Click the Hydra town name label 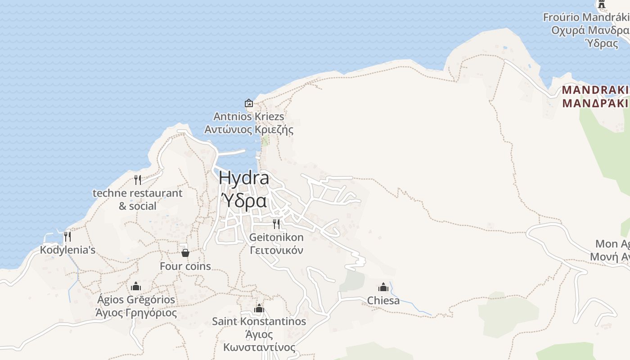click(244, 178)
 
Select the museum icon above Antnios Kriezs click(249, 103)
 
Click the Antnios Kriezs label click(249, 117)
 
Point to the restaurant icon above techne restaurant click(138, 180)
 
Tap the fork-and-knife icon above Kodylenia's click(67, 236)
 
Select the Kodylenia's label click(67, 250)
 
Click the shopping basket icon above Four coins click(185, 253)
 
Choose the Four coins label click(185, 266)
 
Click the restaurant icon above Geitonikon click(276, 224)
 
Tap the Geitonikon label click(276, 237)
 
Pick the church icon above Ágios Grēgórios click(136, 286)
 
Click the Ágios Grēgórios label click(136, 300)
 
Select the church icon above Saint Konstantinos click(259, 308)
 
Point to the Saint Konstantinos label click(259, 321)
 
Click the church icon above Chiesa click(383, 287)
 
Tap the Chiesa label click(383, 300)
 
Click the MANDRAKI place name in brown click(595, 90)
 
